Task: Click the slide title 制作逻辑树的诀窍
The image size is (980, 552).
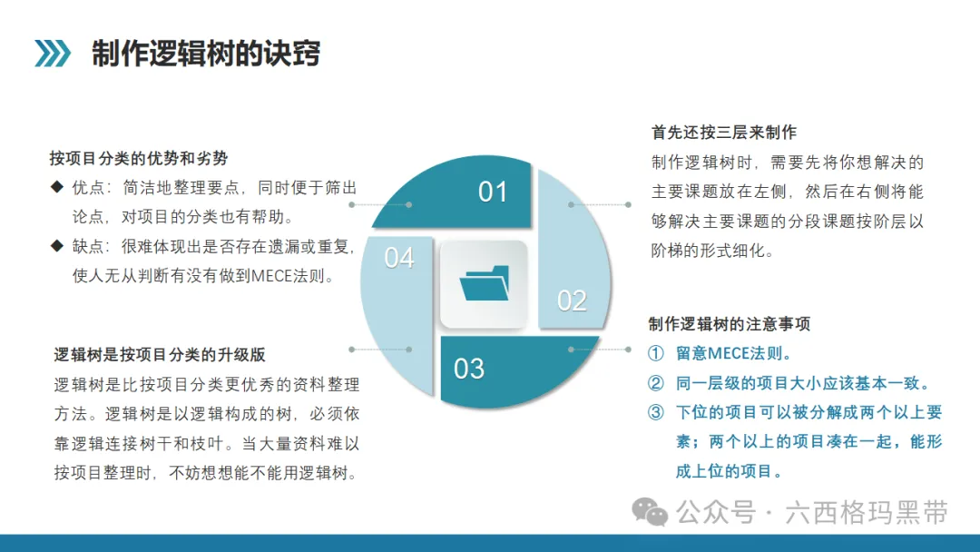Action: (206, 54)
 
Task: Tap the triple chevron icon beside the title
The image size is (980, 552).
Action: (53, 54)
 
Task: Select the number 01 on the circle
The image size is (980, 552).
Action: (492, 192)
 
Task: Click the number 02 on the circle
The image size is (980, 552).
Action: (572, 301)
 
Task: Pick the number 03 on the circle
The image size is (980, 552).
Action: (469, 369)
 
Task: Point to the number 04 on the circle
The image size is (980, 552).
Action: (398, 258)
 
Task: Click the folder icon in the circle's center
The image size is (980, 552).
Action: (485, 283)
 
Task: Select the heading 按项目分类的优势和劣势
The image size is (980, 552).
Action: (139, 158)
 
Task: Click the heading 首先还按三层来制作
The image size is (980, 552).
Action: (724, 132)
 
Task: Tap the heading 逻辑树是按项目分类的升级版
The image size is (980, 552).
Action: (160, 354)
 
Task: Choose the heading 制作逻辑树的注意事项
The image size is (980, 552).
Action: (730, 324)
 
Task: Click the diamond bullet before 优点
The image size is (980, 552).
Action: (57, 187)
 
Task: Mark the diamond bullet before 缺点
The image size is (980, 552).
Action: (57, 246)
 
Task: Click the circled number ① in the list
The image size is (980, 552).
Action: (656, 353)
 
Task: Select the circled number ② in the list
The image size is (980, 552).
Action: (656, 382)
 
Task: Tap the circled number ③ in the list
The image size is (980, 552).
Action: (656, 412)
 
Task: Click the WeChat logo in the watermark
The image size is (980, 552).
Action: (650, 512)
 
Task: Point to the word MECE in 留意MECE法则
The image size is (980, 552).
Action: (729, 353)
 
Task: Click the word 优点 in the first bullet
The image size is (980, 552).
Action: (88, 188)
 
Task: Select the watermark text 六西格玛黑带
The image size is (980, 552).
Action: (867, 513)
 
